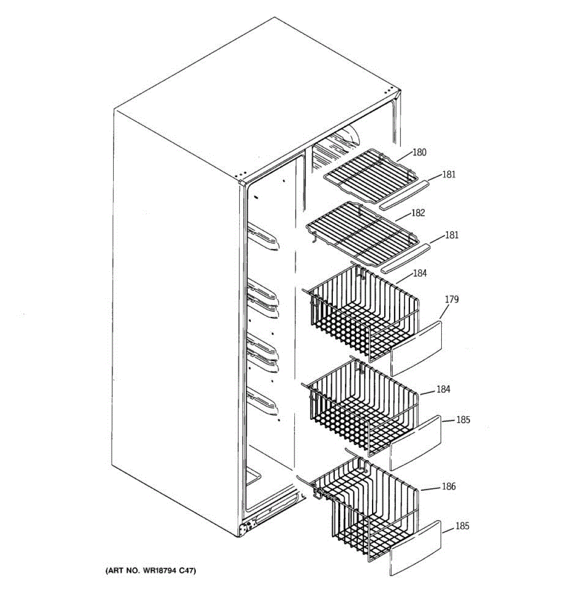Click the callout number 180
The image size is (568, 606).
click(420, 153)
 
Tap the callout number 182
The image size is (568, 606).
click(418, 213)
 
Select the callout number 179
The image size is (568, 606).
click(451, 300)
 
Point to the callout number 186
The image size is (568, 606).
click(449, 487)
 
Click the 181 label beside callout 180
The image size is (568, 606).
click(449, 175)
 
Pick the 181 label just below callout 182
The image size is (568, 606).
click(451, 235)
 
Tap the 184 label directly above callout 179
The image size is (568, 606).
click(420, 274)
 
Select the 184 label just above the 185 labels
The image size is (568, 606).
click(443, 389)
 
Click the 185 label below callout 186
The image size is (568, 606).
click(462, 526)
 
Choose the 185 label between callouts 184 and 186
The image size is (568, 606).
click(463, 420)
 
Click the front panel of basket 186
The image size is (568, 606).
click(416, 549)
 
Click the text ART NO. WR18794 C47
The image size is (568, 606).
click(150, 571)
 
